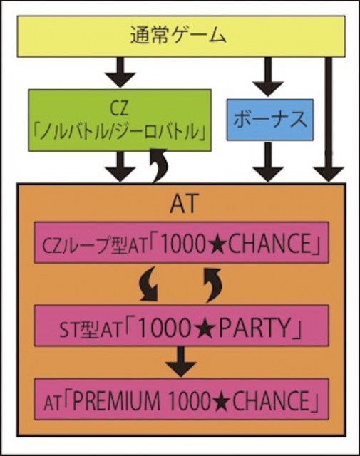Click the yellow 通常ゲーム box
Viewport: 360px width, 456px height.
[x=181, y=36]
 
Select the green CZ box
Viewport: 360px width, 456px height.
[x=120, y=120]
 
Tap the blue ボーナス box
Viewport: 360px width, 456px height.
[x=270, y=120]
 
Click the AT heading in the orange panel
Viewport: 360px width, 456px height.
[x=183, y=204]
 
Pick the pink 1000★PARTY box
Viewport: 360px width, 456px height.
[x=181, y=326]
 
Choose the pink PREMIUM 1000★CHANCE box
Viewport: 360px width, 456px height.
[x=181, y=399]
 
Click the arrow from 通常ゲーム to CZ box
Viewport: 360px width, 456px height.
[x=120, y=72]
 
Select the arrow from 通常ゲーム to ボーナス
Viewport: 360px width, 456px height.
[x=268, y=76]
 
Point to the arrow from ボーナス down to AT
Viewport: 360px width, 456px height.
[x=268, y=162]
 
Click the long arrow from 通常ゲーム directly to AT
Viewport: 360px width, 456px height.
[x=328, y=120]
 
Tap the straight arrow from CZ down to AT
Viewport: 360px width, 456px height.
[x=120, y=167]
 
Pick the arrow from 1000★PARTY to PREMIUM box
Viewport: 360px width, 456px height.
[x=181, y=362]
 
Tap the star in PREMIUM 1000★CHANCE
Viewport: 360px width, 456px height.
[x=221, y=402]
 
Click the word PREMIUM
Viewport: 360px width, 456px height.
[x=116, y=400]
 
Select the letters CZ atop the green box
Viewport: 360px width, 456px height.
[x=119, y=109]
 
